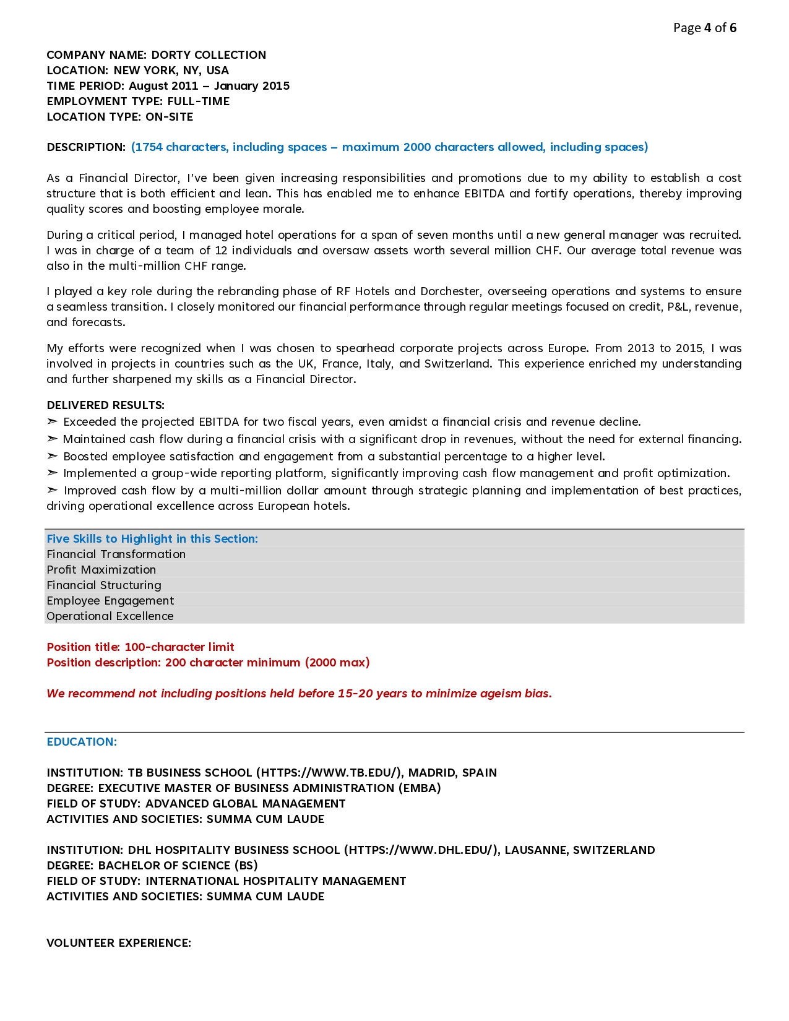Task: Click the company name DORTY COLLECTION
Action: pyautogui.click(x=209, y=55)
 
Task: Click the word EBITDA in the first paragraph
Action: pyautogui.click(x=485, y=194)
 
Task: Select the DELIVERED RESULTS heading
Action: pyautogui.click(x=105, y=405)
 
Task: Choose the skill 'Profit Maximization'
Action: pyautogui.click(x=101, y=570)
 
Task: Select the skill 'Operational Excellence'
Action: pyautogui.click(x=110, y=616)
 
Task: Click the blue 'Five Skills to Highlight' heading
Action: pyautogui.click(x=152, y=539)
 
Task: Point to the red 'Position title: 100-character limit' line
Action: pyautogui.click(x=140, y=647)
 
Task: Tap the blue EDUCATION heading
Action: pyautogui.click(x=82, y=742)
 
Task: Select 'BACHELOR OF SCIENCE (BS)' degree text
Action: pyautogui.click(x=178, y=866)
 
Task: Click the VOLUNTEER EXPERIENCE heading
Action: pyautogui.click(x=119, y=943)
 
